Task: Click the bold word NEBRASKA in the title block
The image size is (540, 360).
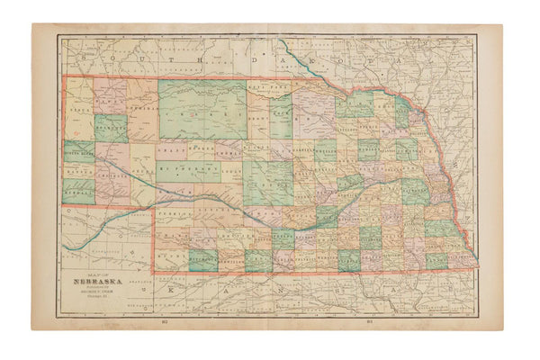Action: point(87,280)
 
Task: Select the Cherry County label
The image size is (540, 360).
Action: point(202,115)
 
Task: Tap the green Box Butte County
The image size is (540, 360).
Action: point(111,128)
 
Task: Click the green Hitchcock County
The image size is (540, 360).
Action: point(202,258)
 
